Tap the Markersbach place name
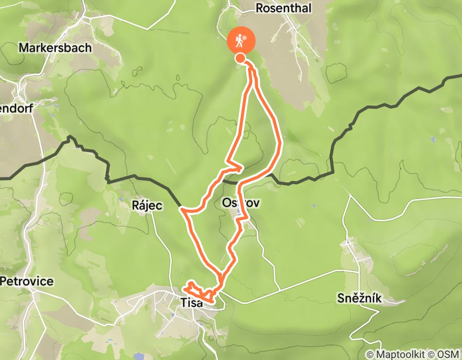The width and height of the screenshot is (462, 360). tap(55, 48)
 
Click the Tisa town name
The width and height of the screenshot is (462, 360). tap(192, 303)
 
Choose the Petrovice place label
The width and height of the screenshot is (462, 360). tap(27, 282)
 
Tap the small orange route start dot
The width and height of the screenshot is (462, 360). tap(240, 58)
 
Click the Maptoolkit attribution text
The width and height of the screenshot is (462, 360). tap(403, 355)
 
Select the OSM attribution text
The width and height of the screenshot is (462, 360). tap(450, 355)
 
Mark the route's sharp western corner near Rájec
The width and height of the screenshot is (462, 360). tap(182, 209)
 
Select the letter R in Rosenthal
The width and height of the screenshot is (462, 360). tap(259, 8)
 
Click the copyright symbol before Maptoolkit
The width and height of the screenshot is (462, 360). tap(370, 355)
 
